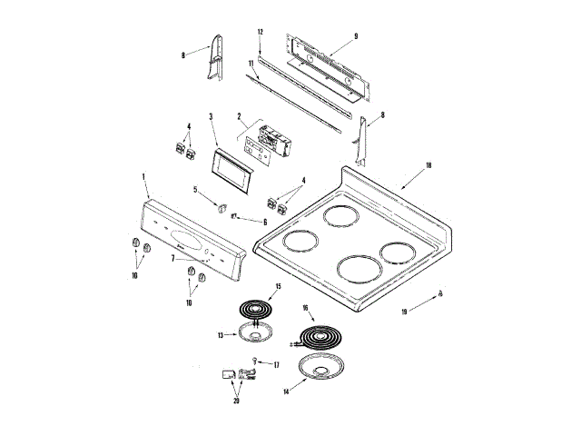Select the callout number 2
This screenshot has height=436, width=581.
click(x=239, y=117)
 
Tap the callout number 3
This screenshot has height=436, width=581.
click(x=211, y=116)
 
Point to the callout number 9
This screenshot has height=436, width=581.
click(x=356, y=35)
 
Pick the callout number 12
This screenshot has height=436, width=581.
click(x=260, y=33)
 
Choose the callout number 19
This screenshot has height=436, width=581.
click(x=405, y=312)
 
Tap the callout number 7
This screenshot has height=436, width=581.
click(x=173, y=258)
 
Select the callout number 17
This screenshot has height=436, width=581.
click(x=276, y=364)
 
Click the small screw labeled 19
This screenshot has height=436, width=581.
click(x=440, y=292)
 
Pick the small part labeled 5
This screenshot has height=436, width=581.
click(x=219, y=204)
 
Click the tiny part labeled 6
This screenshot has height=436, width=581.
click(x=235, y=216)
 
